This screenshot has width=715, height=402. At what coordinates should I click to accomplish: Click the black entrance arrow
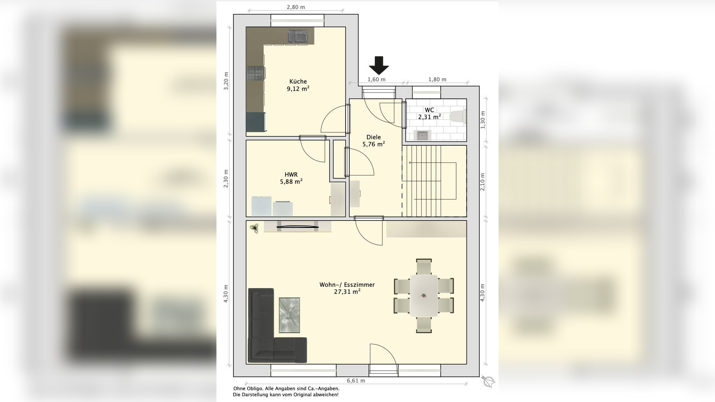coord(379,66)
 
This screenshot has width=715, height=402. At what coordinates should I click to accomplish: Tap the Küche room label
coord(298,82)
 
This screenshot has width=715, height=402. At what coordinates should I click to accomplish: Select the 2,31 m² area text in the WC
coord(429,117)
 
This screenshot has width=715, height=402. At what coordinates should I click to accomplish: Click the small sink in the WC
coord(422,135)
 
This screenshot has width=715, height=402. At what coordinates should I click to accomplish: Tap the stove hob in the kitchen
coord(256,73)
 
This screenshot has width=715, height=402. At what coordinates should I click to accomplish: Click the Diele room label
coord(374,137)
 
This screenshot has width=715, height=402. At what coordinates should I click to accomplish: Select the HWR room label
coord(291,174)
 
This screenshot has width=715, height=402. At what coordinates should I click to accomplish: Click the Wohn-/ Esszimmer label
coord(347,285)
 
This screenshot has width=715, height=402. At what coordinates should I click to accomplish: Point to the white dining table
coord(424,295)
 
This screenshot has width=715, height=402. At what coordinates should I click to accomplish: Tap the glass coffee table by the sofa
coord(289,315)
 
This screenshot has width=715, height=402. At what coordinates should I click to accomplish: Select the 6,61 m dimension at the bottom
coord(356,381)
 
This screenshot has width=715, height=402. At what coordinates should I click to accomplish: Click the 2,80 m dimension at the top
coord(296,7)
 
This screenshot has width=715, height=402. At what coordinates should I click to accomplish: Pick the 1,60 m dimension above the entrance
coord(376,79)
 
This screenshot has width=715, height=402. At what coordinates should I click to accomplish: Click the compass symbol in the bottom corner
coord(489,382)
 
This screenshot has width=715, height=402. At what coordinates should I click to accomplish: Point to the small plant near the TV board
coord(254,229)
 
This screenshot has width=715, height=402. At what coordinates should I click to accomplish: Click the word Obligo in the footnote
coord(255,389)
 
